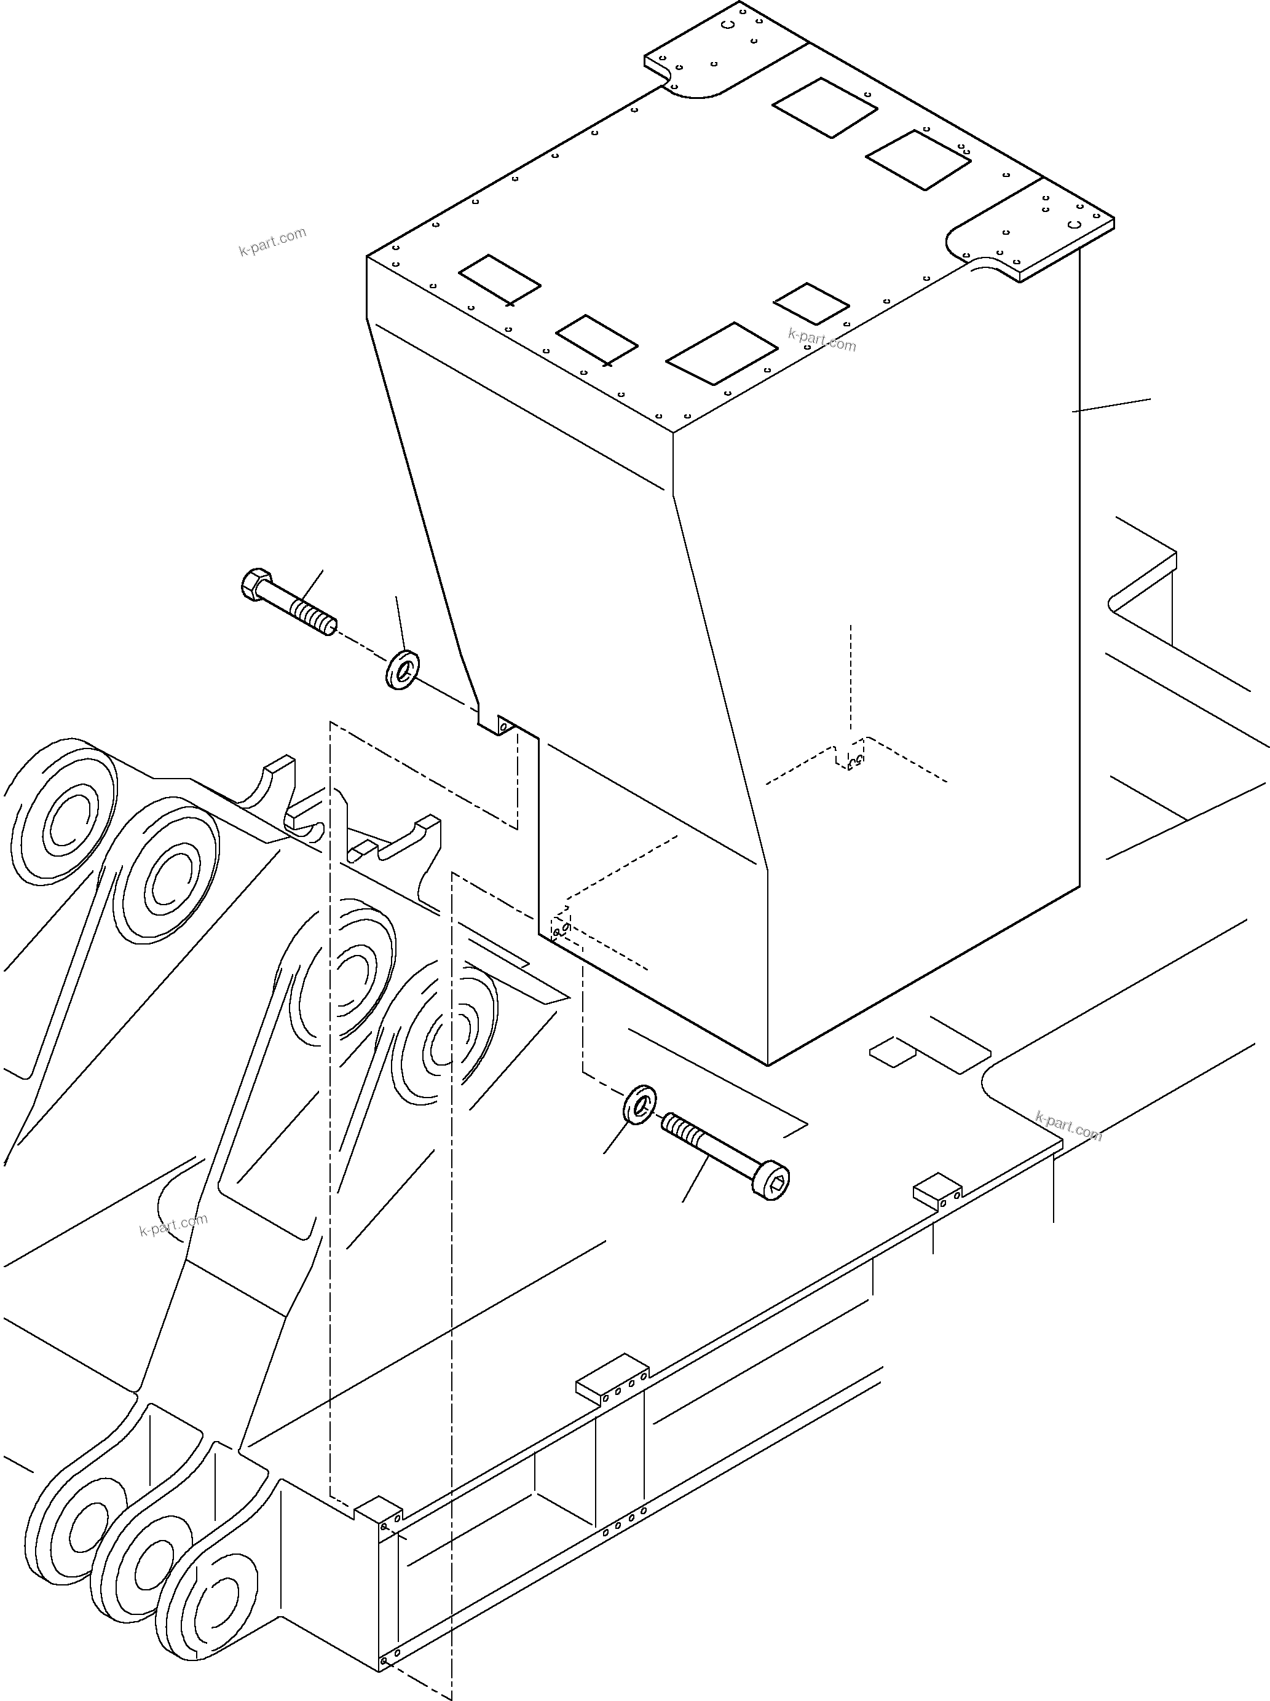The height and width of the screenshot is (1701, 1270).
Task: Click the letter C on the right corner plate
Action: [x=1075, y=224]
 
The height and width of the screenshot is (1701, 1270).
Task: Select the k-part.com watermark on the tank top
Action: [x=822, y=339]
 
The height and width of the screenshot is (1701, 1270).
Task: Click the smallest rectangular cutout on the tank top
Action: [x=810, y=303]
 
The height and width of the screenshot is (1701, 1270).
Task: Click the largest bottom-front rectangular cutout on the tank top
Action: [x=721, y=353]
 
